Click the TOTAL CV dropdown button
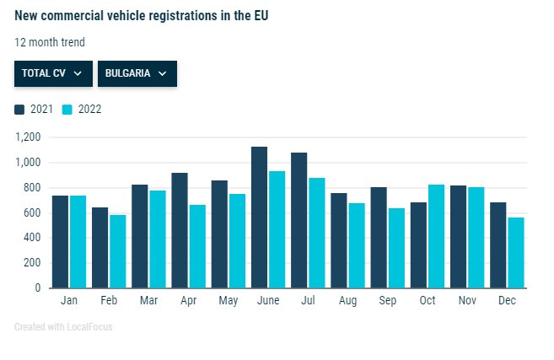(x=53, y=73)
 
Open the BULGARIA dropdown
(x=137, y=73)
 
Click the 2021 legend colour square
(x=19, y=109)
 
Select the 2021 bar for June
(x=259, y=218)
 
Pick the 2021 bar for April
(x=180, y=230)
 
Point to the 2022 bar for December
(x=515, y=252)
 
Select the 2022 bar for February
(x=117, y=251)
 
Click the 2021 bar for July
(x=299, y=220)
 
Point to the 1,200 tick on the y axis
(x=28, y=137)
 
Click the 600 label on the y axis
(x=32, y=212)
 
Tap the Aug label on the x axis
(x=347, y=300)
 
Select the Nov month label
(x=466, y=300)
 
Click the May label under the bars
(x=228, y=300)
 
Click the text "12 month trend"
(x=50, y=42)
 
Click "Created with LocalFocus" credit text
(x=63, y=326)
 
